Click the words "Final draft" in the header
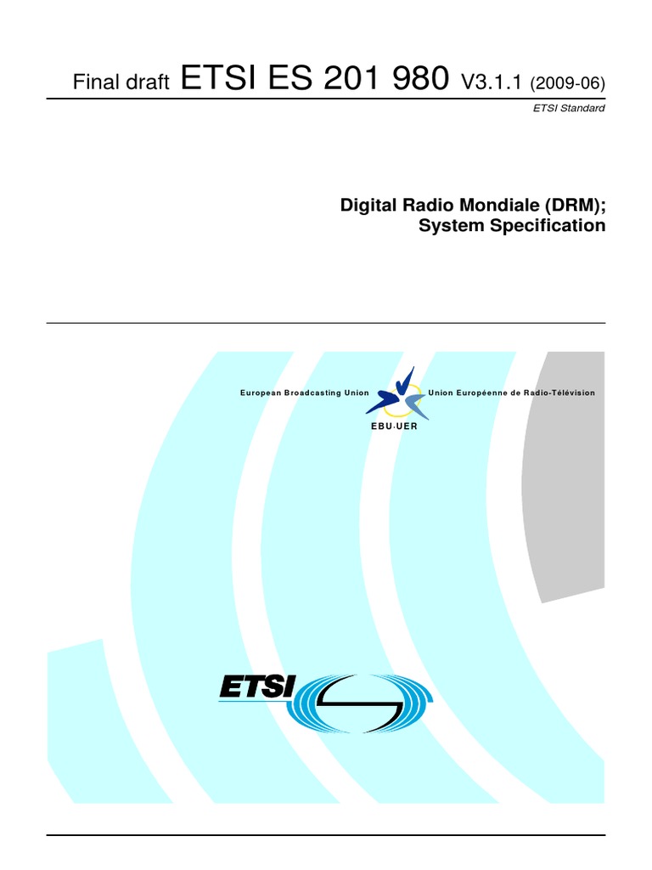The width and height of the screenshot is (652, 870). (122, 82)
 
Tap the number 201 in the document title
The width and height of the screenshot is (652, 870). (344, 79)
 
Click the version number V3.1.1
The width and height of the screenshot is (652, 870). (492, 82)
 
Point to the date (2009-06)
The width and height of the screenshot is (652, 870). (567, 82)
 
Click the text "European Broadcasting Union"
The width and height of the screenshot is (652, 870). (305, 393)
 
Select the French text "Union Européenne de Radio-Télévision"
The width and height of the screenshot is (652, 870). (512, 393)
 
